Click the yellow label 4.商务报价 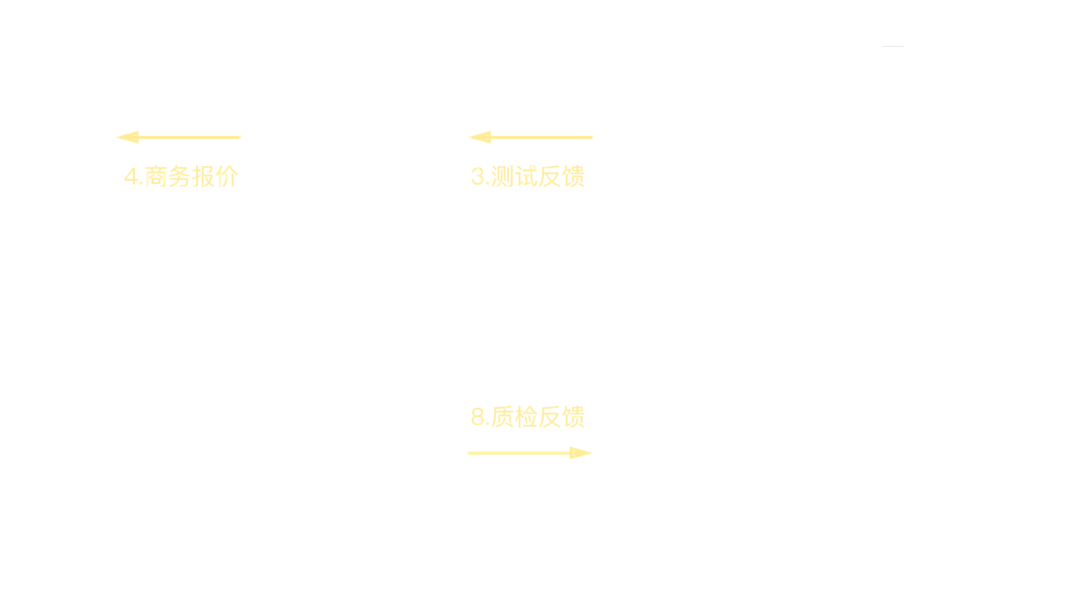tap(181, 176)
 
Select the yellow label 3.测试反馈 tap(528, 176)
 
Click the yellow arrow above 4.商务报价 tap(178, 139)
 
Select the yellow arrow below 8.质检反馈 tap(530, 453)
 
